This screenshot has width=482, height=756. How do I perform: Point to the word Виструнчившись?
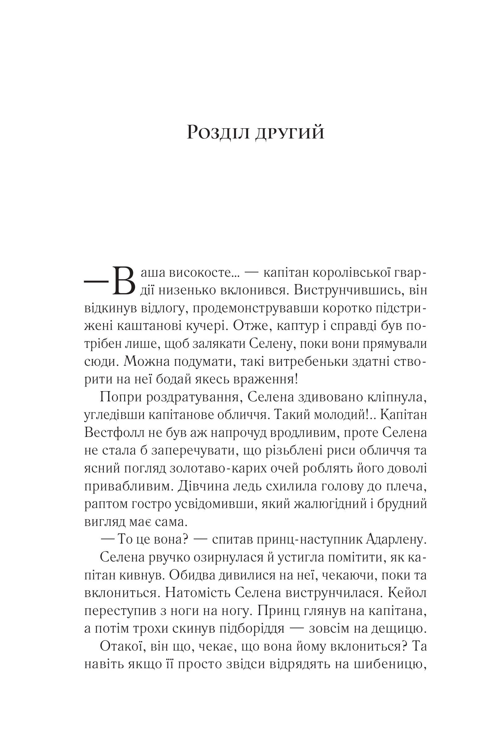[x=348, y=291]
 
